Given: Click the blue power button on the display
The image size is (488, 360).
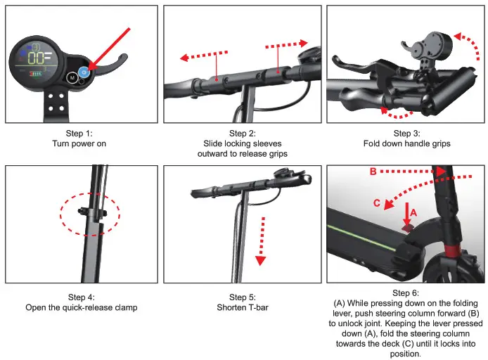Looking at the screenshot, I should [x=84, y=72].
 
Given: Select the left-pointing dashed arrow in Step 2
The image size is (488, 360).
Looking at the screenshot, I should [x=203, y=55].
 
